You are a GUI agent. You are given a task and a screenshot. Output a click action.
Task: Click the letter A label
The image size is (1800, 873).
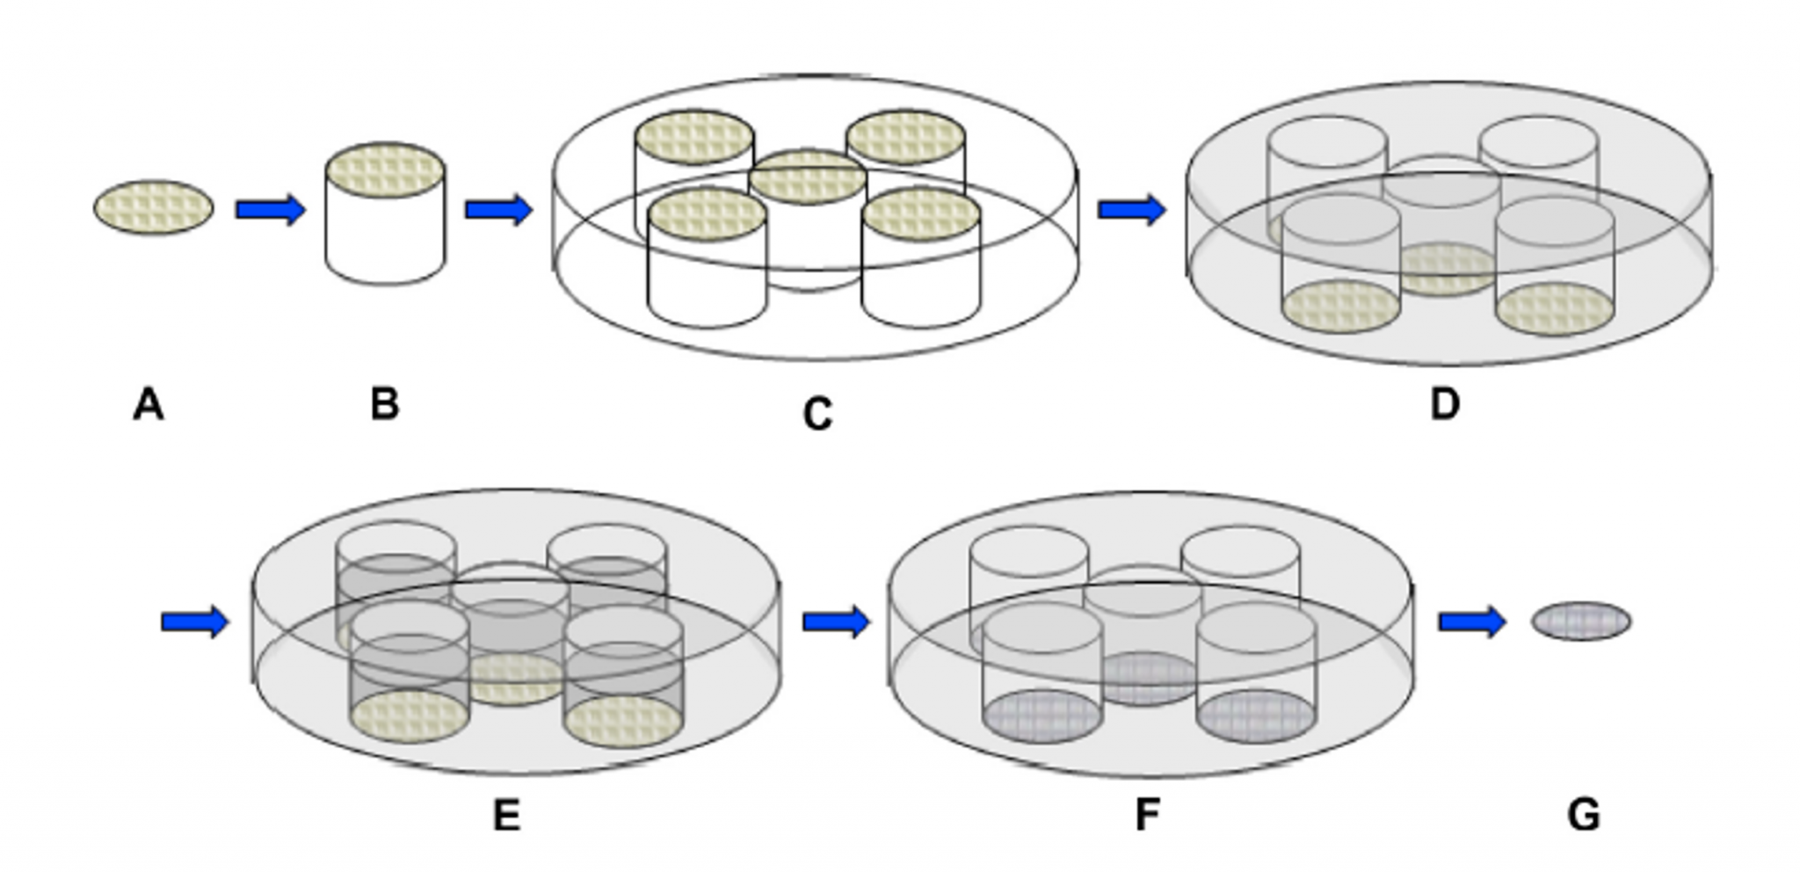149,405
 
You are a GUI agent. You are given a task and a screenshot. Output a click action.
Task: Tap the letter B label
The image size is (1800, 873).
385,404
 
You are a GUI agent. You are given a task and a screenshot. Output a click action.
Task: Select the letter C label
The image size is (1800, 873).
817,414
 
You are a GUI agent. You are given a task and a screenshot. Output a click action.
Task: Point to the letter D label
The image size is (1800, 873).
1444,404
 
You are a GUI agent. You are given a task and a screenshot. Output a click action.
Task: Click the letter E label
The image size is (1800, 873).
506,816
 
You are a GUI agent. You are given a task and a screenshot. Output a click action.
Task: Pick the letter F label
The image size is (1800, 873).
1146,815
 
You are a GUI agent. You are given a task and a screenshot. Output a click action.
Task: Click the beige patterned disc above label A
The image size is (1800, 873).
154,207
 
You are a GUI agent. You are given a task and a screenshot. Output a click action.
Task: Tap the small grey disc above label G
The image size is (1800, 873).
1581,621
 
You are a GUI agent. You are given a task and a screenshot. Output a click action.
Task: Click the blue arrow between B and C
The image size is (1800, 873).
498,209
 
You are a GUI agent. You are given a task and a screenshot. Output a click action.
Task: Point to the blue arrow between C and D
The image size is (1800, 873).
1131,209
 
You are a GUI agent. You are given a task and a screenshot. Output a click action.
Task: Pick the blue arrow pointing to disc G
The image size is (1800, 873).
1471,622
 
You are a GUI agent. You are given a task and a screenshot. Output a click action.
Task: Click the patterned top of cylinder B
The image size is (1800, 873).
385,170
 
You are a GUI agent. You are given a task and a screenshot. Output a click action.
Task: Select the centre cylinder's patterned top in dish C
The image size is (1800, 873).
807,177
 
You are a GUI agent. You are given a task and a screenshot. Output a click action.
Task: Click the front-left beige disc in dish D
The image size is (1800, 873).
1340,307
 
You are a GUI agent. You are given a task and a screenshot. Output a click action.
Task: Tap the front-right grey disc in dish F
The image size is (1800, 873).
1256,716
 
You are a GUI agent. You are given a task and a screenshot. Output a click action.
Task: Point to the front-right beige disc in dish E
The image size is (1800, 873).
622,721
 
